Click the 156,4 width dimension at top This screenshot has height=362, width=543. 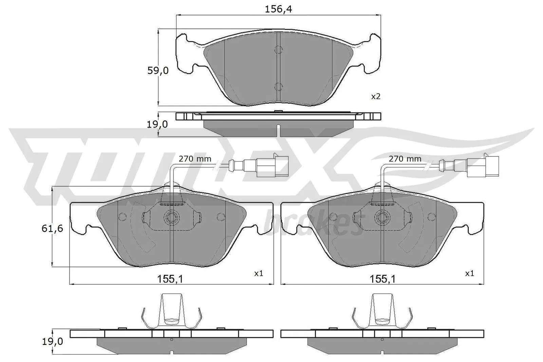tap(278, 9)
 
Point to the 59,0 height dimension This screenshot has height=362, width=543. tap(157, 71)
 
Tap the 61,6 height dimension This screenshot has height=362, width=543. tap(52, 229)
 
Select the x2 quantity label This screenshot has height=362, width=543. tap(376, 97)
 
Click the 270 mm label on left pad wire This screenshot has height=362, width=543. tap(195, 159)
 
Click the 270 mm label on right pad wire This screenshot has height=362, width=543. tap(405, 159)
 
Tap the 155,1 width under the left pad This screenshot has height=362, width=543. tap(170, 279)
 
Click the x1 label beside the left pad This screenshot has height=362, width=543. tap(259, 273)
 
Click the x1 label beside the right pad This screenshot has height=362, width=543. tap(469, 273)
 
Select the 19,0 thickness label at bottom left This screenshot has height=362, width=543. tap(52, 342)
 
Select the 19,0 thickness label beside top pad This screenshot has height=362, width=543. tap(157, 125)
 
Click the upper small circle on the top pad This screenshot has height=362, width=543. tap(278, 50)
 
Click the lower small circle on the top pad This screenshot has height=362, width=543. tap(278, 87)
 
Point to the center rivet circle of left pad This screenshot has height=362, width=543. tap(171, 216)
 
